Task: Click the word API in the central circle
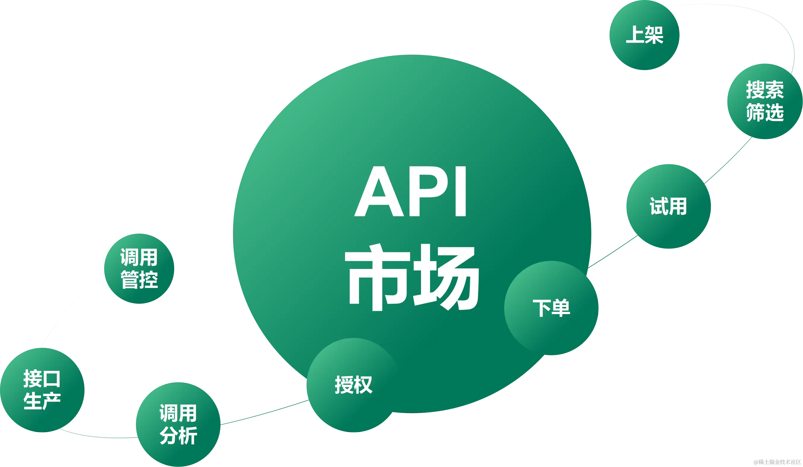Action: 411,192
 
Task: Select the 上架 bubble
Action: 644,35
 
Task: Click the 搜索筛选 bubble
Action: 764,101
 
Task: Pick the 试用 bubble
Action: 668,206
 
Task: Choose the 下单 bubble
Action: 551,308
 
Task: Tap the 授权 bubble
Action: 353,385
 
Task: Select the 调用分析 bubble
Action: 178,424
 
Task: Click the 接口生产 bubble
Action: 42,390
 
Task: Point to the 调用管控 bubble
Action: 139,268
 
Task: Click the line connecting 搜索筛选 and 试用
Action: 728,161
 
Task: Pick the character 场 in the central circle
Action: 446,277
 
